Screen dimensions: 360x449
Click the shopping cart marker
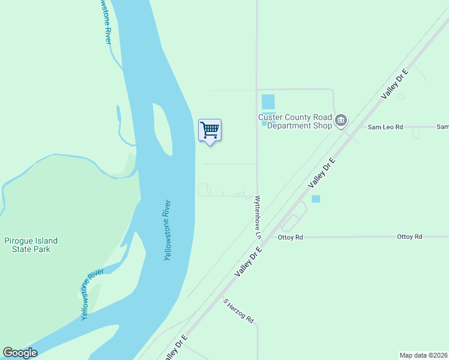point(209,130)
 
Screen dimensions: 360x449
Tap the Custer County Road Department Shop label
point(296,122)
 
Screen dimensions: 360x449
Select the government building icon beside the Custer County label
point(341,121)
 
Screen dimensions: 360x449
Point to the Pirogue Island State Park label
point(31,245)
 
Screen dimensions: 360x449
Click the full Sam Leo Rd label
point(385,127)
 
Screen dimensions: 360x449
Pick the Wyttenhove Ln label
point(258,217)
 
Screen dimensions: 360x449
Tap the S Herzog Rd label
point(239,311)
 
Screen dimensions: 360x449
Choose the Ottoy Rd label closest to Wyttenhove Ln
point(291,238)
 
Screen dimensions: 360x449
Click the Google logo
point(20,352)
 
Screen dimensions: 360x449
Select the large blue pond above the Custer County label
point(268,102)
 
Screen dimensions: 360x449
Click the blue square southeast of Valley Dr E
point(316,199)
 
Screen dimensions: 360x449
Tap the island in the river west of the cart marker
point(163,128)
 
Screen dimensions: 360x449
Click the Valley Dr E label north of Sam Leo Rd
point(394,84)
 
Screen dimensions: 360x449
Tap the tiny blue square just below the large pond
point(264,124)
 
